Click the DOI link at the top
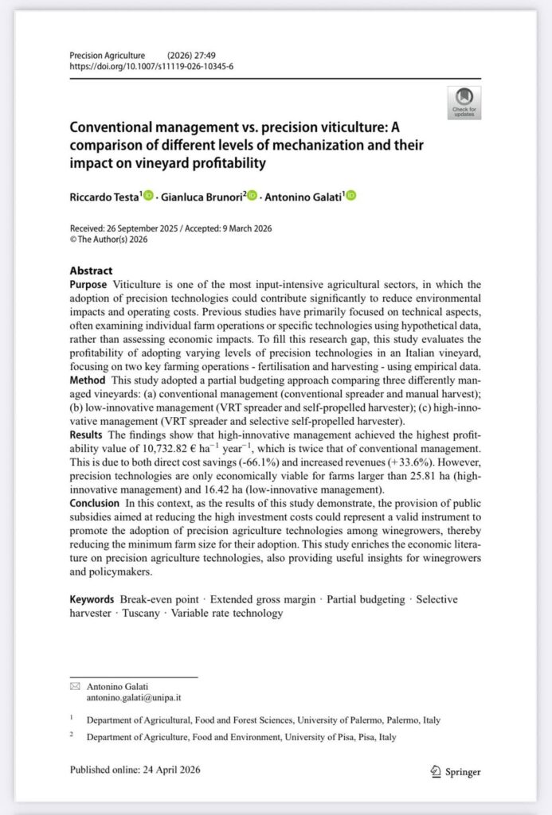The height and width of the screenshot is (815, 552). [151, 66]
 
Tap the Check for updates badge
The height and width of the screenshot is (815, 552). [464, 103]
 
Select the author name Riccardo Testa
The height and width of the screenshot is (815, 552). [104, 196]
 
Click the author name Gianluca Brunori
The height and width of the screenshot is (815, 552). [202, 196]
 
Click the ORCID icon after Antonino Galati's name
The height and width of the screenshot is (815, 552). [350, 196]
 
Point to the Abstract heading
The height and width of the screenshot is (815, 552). [91, 271]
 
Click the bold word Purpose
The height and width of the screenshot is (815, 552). [88, 284]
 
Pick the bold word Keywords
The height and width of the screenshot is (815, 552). [92, 599]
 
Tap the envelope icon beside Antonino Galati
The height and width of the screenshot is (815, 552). [76, 685]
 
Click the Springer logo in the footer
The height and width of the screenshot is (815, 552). [455, 770]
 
